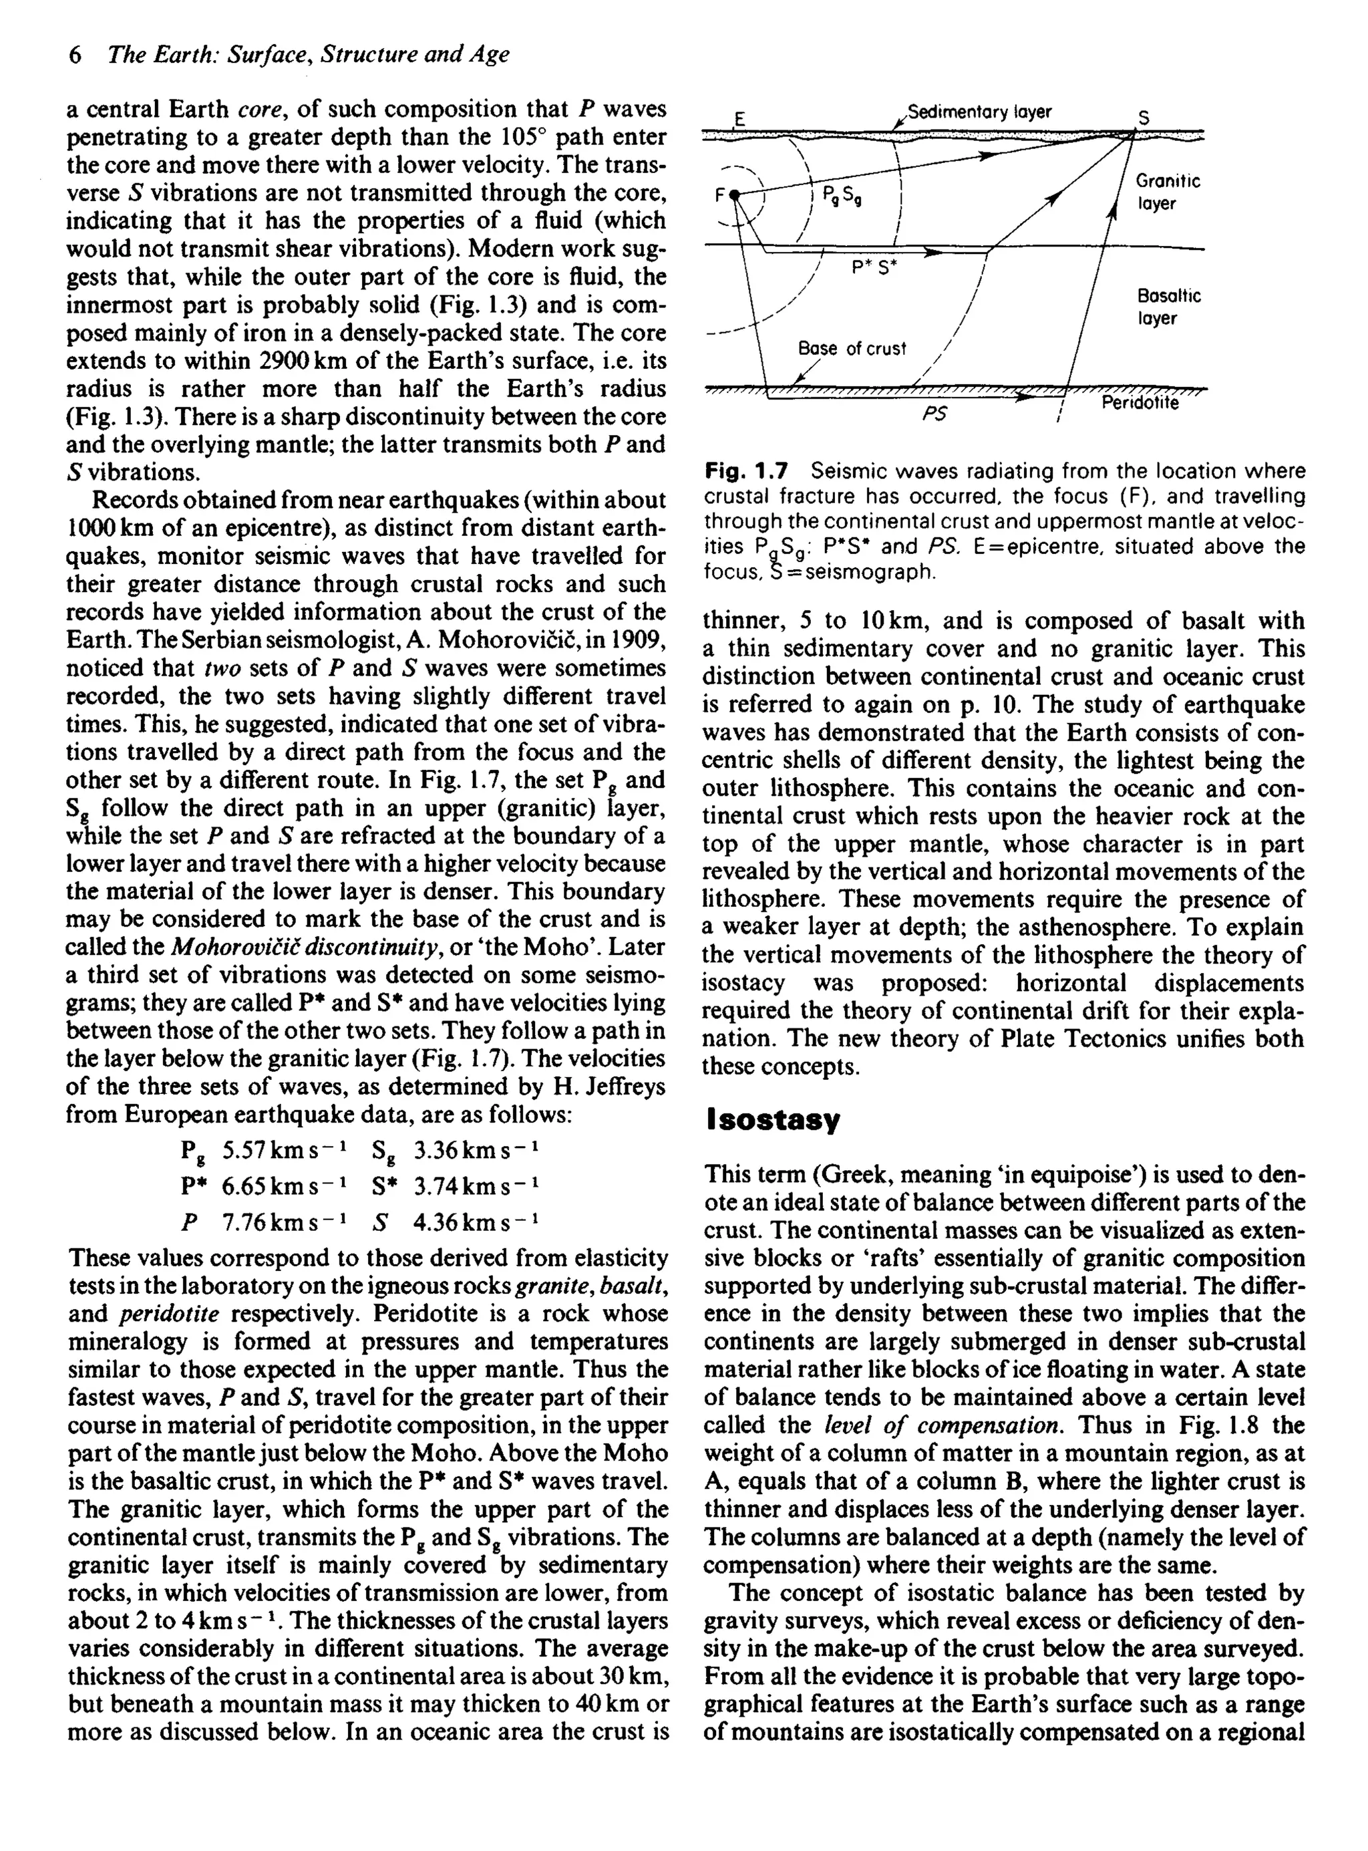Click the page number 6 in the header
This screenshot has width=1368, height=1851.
[x=75, y=55]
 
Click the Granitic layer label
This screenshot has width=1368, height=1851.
[x=1168, y=192]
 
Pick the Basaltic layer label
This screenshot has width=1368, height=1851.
[x=1168, y=307]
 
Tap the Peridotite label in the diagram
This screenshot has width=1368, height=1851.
[x=1140, y=404]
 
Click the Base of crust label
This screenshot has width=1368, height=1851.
[x=851, y=349]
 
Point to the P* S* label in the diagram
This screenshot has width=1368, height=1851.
[x=874, y=267]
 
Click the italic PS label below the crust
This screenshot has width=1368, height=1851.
[x=934, y=412]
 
